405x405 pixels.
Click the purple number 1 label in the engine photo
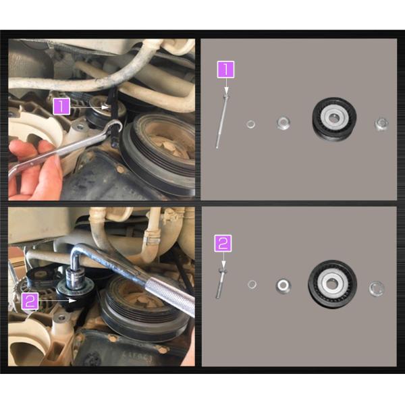(x=61, y=106)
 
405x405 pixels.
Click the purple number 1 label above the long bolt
(x=225, y=70)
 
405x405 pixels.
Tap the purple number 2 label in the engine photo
(x=30, y=301)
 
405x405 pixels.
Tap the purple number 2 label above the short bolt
(x=223, y=243)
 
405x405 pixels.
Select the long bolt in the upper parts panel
(x=222, y=121)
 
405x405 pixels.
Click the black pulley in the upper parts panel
(x=334, y=119)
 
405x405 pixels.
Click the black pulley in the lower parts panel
(x=332, y=284)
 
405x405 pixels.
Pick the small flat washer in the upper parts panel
(x=250, y=124)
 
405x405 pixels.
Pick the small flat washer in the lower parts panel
(x=252, y=285)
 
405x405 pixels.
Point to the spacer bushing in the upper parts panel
(x=283, y=123)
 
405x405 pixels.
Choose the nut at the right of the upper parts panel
(x=381, y=124)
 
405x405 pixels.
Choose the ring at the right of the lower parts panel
(x=377, y=288)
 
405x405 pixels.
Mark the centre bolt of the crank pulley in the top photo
(x=167, y=146)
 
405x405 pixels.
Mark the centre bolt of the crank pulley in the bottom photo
(x=142, y=302)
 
